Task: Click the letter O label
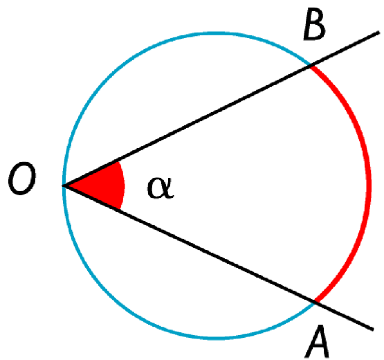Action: pos(22,178)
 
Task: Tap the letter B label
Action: pos(314,24)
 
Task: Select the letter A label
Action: pos(317,341)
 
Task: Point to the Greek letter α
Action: pos(161,188)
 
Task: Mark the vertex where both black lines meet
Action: pos(64,186)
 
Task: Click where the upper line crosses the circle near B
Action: pos(311,66)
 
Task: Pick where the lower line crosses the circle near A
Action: pos(315,302)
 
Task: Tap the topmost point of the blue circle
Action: pos(217,33)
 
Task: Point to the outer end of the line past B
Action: pos(379,33)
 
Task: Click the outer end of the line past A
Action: pos(372,329)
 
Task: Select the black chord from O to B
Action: pos(187,125)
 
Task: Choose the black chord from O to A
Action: pos(190,244)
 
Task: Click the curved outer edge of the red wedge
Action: pos(123,186)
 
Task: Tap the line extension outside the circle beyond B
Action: pos(345,48)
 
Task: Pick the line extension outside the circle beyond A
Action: pos(344,316)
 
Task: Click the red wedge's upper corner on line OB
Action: pos(118,162)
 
